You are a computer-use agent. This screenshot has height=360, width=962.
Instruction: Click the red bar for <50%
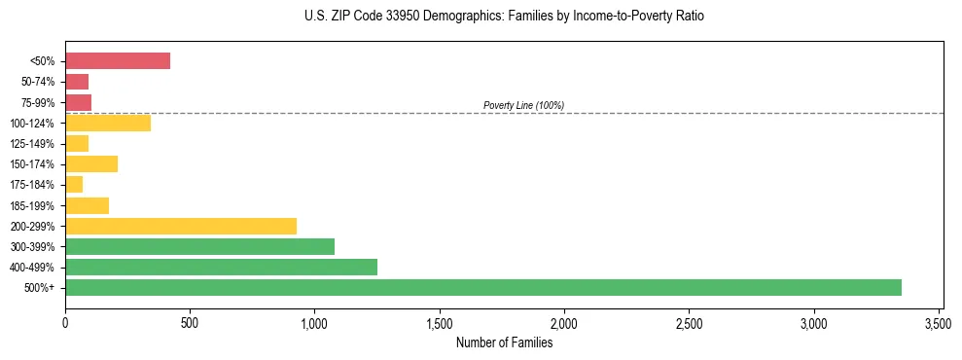pyautogui.click(x=118, y=61)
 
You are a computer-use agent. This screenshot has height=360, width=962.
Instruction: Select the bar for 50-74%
pyautogui.click(x=77, y=82)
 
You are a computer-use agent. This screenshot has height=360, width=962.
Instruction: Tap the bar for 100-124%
pyautogui.click(x=108, y=123)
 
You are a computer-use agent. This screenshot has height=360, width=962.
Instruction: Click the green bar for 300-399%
pyautogui.click(x=199, y=246)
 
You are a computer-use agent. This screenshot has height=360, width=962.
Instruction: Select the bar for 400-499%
pyautogui.click(x=221, y=267)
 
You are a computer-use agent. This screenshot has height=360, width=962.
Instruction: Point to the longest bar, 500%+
pyautogui.click(x=483, y=287)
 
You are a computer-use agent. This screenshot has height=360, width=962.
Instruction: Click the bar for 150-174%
pyautogui.click(x=91, y=164)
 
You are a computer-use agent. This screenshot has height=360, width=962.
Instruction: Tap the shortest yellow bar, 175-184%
pyautogui.click(x=74, y=185)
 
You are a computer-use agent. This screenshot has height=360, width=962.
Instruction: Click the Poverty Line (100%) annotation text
pyautogui.click(x=523, y=105)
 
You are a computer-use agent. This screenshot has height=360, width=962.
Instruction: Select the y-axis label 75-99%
pyautogui.click(x=38, y=103)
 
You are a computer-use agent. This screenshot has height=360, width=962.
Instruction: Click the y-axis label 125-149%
pyautogui.click(x=35, y=144)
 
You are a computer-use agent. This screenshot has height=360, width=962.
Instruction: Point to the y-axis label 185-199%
pyautogui.click(x=35, y=206)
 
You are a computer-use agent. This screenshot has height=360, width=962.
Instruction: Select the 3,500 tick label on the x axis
pyautogui.click(x=939, y=323)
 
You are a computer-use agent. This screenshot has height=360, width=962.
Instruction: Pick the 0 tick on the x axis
pyautogui.click(x=65, y=323)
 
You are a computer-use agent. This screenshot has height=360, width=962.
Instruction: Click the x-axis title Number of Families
pyautogui.click(x=504, y=342)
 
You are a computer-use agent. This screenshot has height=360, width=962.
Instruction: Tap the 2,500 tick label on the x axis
pyautogui.click(x=689, y=323)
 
